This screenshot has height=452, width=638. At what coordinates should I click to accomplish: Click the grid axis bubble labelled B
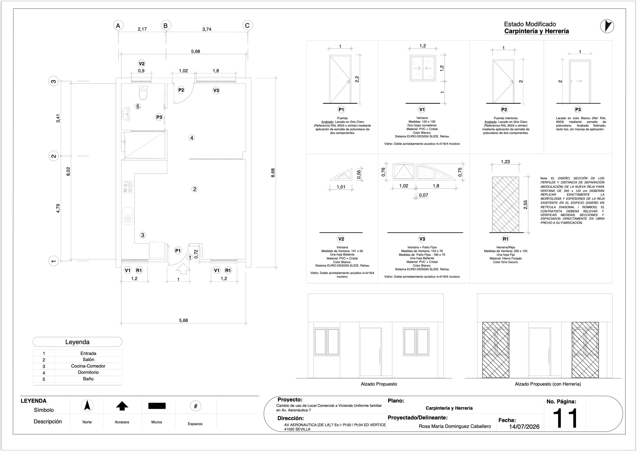click(166, 26)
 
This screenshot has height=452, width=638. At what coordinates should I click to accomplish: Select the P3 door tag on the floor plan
click(159, 117)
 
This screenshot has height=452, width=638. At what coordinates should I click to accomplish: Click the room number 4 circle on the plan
click(192, 138)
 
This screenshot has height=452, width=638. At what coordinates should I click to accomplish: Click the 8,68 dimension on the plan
click(273, 173)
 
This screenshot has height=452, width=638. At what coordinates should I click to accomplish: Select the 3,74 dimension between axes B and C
click(207, 29)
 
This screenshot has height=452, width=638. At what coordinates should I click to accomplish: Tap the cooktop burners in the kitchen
click(128, 187)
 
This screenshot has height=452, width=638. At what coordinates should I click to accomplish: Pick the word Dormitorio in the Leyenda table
click(88, 372)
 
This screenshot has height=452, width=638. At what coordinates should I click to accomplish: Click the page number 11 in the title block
click(565, 418)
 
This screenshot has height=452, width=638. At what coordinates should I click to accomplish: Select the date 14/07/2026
click(524, 427)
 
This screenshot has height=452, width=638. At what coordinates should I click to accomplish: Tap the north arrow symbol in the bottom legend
click(87, 406)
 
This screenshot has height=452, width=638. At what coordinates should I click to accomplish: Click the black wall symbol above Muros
click(157, 406)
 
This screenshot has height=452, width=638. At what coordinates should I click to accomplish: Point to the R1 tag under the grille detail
click(505, 239)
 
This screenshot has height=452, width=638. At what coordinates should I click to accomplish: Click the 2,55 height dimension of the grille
click(525, 205)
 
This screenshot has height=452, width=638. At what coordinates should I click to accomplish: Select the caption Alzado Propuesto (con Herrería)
click(548, 384)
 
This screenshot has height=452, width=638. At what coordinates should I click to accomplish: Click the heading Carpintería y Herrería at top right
click(537, 31)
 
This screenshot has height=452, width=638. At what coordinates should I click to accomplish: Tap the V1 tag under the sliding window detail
click(422, 109)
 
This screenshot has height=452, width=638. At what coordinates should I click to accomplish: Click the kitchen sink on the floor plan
click(128, 216)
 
